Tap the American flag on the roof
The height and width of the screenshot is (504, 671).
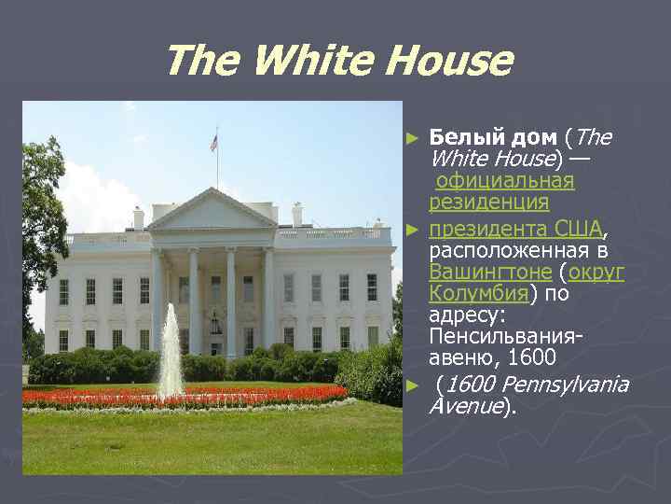(214, 143)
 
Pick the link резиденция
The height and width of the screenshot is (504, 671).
(488, 202)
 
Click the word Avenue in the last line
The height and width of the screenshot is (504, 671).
(464, 406)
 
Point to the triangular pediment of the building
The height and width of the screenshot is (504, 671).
(212, 210)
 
